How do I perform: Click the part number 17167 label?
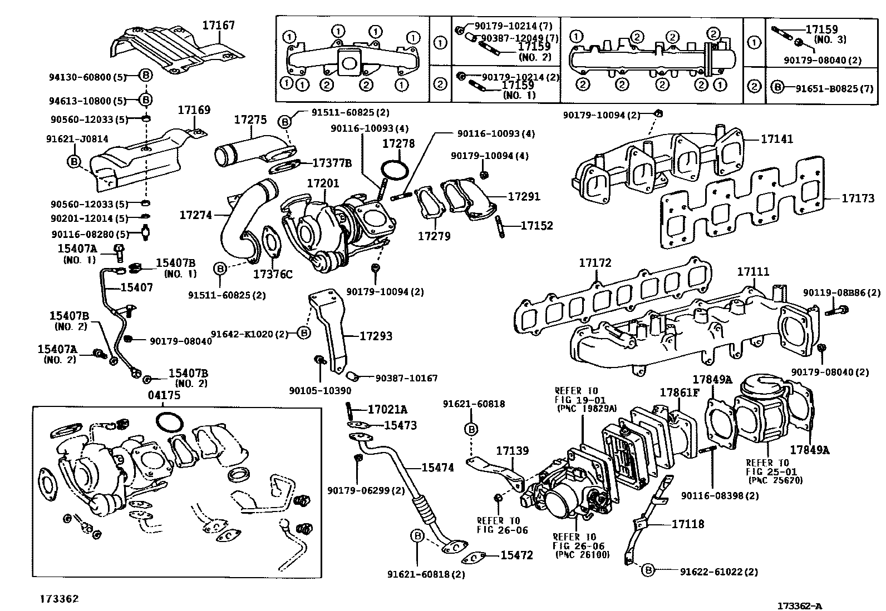coord(218,25)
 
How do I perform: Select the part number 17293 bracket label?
coord(376,336)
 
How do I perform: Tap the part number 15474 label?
coord(437,468)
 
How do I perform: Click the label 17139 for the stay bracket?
coord(513,451)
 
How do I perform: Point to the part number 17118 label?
coord(688,524)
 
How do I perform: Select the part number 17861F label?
coord(679,392)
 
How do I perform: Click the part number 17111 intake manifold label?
coord(753,272)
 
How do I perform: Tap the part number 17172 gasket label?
coord(595,262)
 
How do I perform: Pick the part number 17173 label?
coord(858,198)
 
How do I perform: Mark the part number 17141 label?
coord(777,139)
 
